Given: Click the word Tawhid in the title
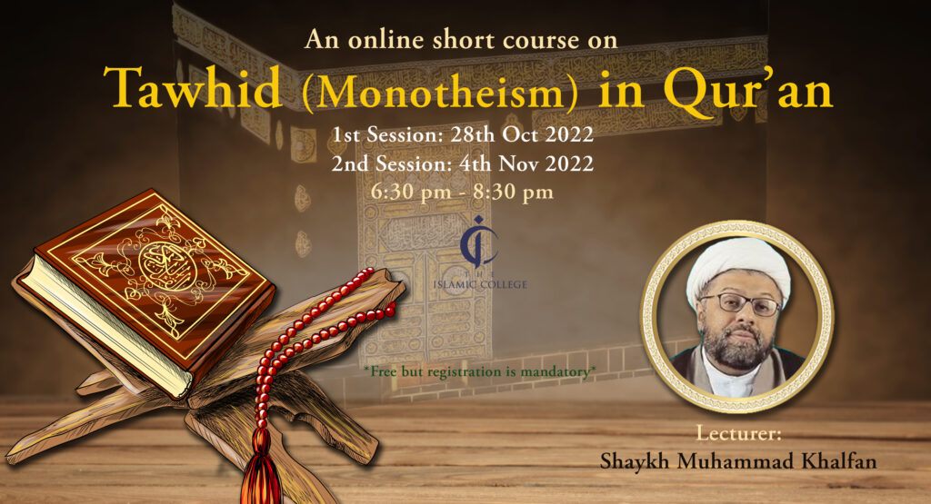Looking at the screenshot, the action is tap(193, 88).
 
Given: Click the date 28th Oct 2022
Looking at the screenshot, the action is tap(522, 134).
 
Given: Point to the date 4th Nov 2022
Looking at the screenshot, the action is tap(526, 163).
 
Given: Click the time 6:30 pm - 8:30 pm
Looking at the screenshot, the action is tap(462, 193).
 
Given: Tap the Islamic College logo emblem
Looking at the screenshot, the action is tap(478, 241).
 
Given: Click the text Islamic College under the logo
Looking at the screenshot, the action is tap(480, 284).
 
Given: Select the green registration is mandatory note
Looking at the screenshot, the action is tap(480, 371).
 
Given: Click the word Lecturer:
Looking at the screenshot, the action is tap(738, 433).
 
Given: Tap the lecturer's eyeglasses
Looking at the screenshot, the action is tap(739, 303).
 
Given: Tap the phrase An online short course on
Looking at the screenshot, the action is tap(461, 40).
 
